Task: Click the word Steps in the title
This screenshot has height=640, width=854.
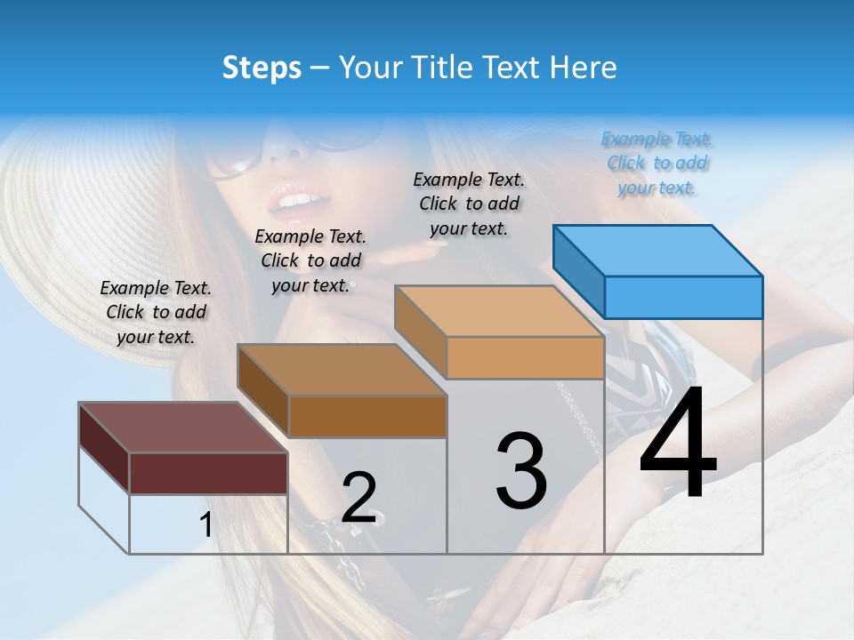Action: click(261, 68)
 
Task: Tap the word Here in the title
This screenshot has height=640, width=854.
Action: click(584, 68)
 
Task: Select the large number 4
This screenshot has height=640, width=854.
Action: click(678, 444)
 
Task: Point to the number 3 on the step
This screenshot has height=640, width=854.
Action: click(521, 471)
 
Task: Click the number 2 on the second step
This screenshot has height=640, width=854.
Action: click(359, 498)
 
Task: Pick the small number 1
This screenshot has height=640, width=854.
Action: click(206, 525)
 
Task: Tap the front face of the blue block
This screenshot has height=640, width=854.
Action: click(683, 297)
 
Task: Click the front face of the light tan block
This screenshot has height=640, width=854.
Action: click(525, 357)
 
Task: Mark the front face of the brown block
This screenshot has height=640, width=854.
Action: click(367, 416)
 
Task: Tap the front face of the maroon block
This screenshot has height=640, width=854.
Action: click(208, 473)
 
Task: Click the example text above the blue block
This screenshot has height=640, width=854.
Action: click(657, 163)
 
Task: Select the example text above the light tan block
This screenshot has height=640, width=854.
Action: click(469, 204)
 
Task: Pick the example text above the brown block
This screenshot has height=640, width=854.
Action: click(310, 260)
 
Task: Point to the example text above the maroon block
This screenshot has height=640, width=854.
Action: click(156, 312)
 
